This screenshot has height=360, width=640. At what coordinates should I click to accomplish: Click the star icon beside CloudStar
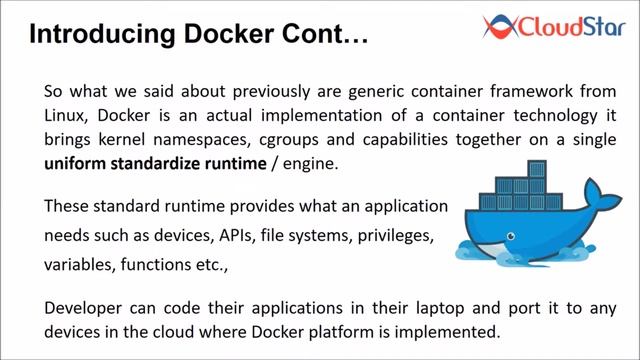click(494, 24)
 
